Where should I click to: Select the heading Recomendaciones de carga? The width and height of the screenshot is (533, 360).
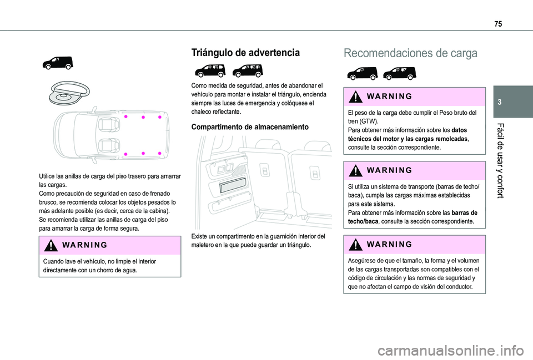pos(410,53)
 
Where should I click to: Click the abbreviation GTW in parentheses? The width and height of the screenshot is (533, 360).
pos(369,120)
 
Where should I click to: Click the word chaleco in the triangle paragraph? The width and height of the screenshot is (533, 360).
pos(202,111)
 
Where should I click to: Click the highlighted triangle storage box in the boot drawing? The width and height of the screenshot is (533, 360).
pos(236,185)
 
